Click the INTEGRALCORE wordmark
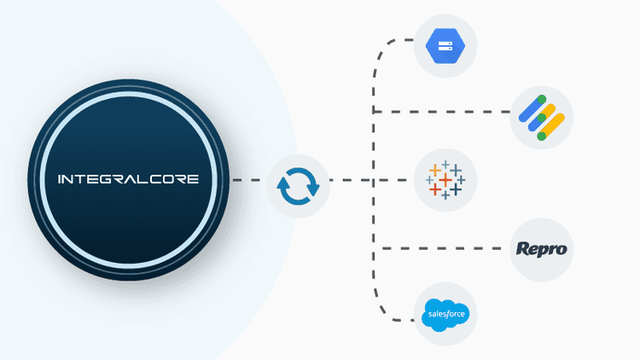(x=128, y=180)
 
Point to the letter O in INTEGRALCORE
(x=169, y=180)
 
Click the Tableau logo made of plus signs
(x=444, y=180)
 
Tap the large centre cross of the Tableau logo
(x=445, y=180)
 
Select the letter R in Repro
(x=523, y=249)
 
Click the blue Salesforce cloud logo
(x=445, y=316)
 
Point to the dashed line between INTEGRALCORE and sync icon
(x=247, y=180)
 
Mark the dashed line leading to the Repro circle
(x=444, y=249)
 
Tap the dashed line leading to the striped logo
(x=444, y=112)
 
